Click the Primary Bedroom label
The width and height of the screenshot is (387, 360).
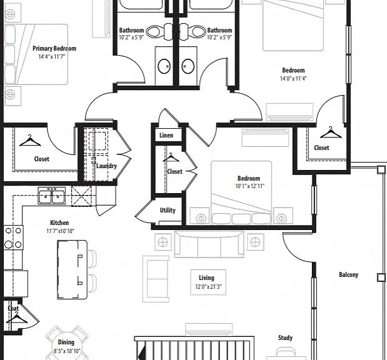54,48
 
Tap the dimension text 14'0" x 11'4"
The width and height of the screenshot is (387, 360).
293,79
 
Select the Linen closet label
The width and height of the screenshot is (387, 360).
166,135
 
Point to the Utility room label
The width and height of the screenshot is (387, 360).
168,210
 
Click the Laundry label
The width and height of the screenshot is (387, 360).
106,166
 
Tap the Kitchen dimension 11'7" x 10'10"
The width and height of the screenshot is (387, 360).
60,231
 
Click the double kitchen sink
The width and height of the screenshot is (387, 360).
52,196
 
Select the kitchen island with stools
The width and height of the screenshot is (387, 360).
76,269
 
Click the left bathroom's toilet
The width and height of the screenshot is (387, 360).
156,32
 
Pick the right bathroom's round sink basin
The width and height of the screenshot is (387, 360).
188,66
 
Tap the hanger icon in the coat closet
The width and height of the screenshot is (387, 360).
17,317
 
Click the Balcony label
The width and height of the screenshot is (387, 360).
348,274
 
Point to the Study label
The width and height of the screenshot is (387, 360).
285,337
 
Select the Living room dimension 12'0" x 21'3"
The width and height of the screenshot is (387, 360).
208,286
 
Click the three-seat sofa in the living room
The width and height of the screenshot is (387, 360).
209,244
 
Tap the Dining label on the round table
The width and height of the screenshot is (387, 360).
66,342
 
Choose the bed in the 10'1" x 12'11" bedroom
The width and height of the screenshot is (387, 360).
241,192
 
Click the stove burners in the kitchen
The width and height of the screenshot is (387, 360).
13,237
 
